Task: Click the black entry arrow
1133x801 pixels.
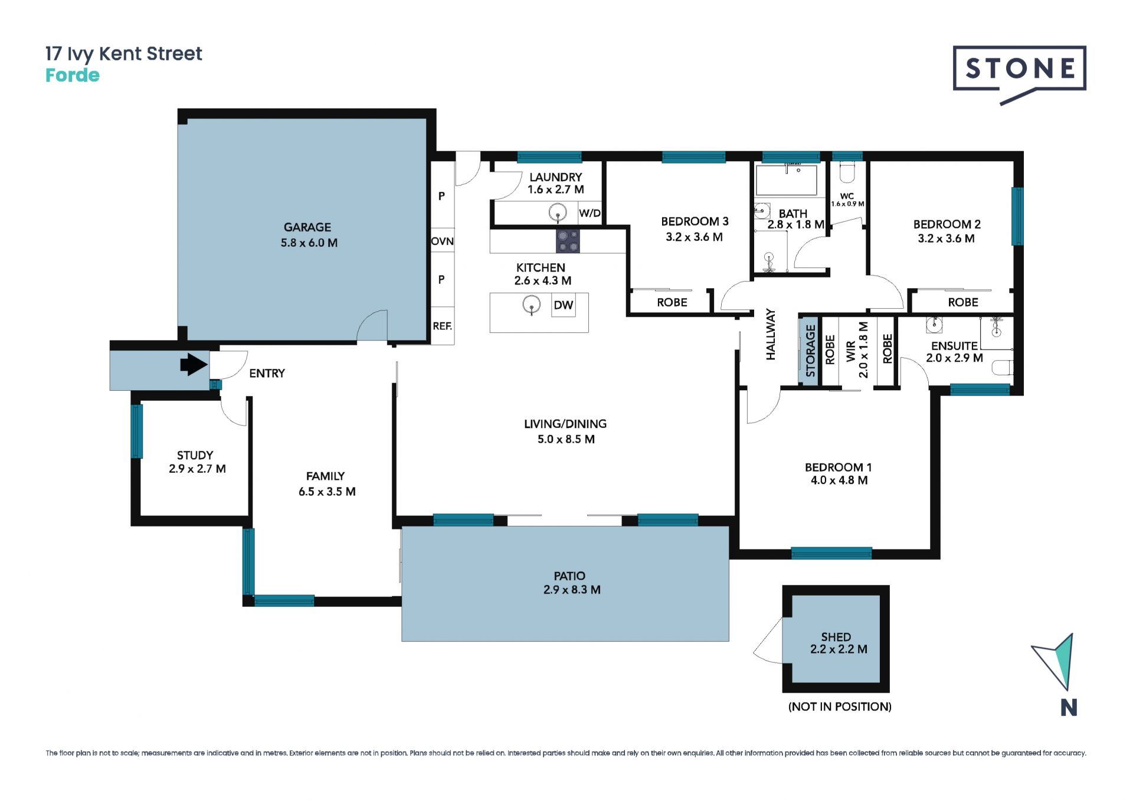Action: pyautogui.click(x=194, y=364)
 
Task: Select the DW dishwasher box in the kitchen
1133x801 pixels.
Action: pyautogui.click(x=563, y=305)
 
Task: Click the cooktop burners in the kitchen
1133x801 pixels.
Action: pyautogui.click(x=568, y=241)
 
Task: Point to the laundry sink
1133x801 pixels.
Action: pyautogui.click(x=558, y=212)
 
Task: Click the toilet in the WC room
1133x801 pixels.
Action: pyautogui.click(x=847, y=172)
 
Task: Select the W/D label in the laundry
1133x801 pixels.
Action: pyautogui.click(x=590, y=213)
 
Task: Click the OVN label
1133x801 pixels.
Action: pyautogui.click(x=442, y=241)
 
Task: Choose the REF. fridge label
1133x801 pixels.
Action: pyautogui.click(x=442, y=326)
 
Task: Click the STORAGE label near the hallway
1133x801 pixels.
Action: pyautogui.click(x=810, y=351)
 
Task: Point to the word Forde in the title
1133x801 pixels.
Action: pyautogui.click(x=73, y=76)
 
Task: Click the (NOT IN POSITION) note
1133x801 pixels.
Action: pyautogui.click(x=840, y=707)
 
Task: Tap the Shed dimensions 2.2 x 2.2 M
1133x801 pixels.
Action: pyautogui.click(x=839, y=649)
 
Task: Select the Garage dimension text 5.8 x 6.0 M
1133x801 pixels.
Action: pyautogui.click(x=309, y=243)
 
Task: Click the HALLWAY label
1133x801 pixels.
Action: pyautogui.click(x=771, y=334)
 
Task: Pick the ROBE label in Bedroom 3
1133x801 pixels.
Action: pyautogui.click(x=672, y=302)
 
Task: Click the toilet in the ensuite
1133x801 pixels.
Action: pyautogui.click(x=1003, y=368)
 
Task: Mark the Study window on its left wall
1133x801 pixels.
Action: pyautogui.click(x=137, y=431)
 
